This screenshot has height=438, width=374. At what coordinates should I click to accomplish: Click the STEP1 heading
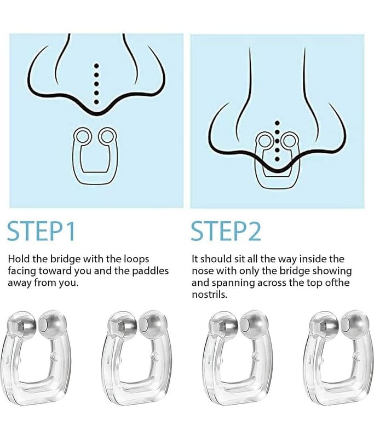(x=41, y=231)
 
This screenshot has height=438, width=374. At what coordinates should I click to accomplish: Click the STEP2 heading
(x=226, y=231)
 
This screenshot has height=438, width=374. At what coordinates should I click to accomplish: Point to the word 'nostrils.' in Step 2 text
(x=210, y=295)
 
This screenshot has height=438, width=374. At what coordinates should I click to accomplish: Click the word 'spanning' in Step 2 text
(x=233, y=283)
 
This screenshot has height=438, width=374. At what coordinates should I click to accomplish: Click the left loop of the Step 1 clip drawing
(x=83, y=137)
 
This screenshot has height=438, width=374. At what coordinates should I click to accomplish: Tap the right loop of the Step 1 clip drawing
(x=107, y=136)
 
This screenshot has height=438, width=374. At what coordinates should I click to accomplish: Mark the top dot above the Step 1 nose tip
(x=96, y=66)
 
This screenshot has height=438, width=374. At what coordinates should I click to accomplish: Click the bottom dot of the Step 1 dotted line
(x=96, y=102)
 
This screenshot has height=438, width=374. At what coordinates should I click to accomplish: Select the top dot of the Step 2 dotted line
(x=277, y=123)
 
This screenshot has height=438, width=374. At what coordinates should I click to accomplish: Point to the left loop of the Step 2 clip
(x=265, y=140)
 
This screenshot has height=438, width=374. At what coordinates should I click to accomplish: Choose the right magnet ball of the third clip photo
(x=254, y=324)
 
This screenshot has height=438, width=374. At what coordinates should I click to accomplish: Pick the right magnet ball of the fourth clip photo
(x=355, y=324)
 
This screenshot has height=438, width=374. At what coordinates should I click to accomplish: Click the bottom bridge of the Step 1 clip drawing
(x=95, y=177)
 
